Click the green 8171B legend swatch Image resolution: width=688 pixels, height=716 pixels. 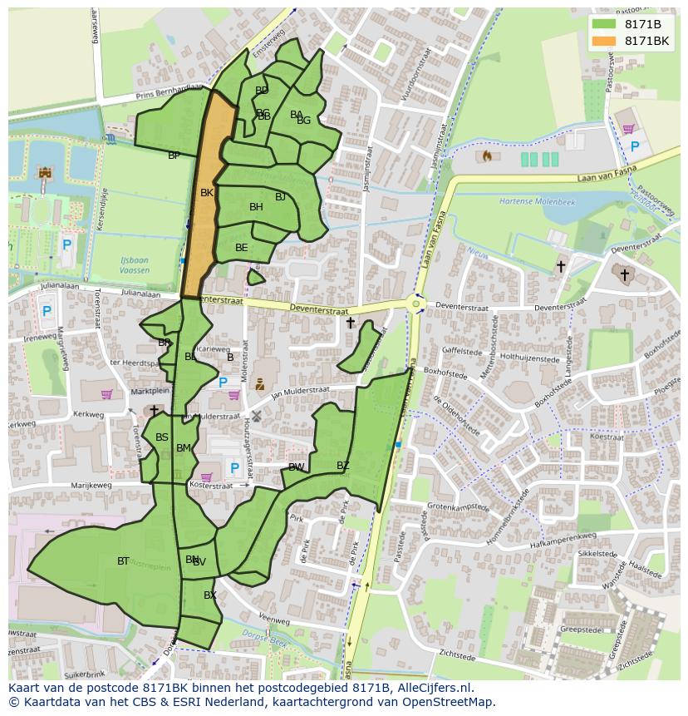[604, 23]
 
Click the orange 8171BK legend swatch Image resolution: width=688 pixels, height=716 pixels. [604, 40]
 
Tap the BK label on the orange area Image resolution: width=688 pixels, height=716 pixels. [207, 192]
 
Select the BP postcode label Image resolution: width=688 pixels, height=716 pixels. [174, 156]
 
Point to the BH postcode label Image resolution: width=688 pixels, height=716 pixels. [256, 207]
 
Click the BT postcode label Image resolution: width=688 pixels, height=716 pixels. [123, 561]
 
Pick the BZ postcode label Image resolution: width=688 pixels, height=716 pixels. [343, 466]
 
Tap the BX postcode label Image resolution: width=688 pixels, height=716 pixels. [210, 595]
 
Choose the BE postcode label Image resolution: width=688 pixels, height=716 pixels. [241, 248]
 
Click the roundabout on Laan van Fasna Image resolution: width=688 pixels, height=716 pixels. [416, 304]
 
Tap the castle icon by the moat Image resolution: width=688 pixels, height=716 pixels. [45, 173]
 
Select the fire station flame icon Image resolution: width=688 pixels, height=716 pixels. [487, 156]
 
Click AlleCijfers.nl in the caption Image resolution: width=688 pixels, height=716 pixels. [431, 688]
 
